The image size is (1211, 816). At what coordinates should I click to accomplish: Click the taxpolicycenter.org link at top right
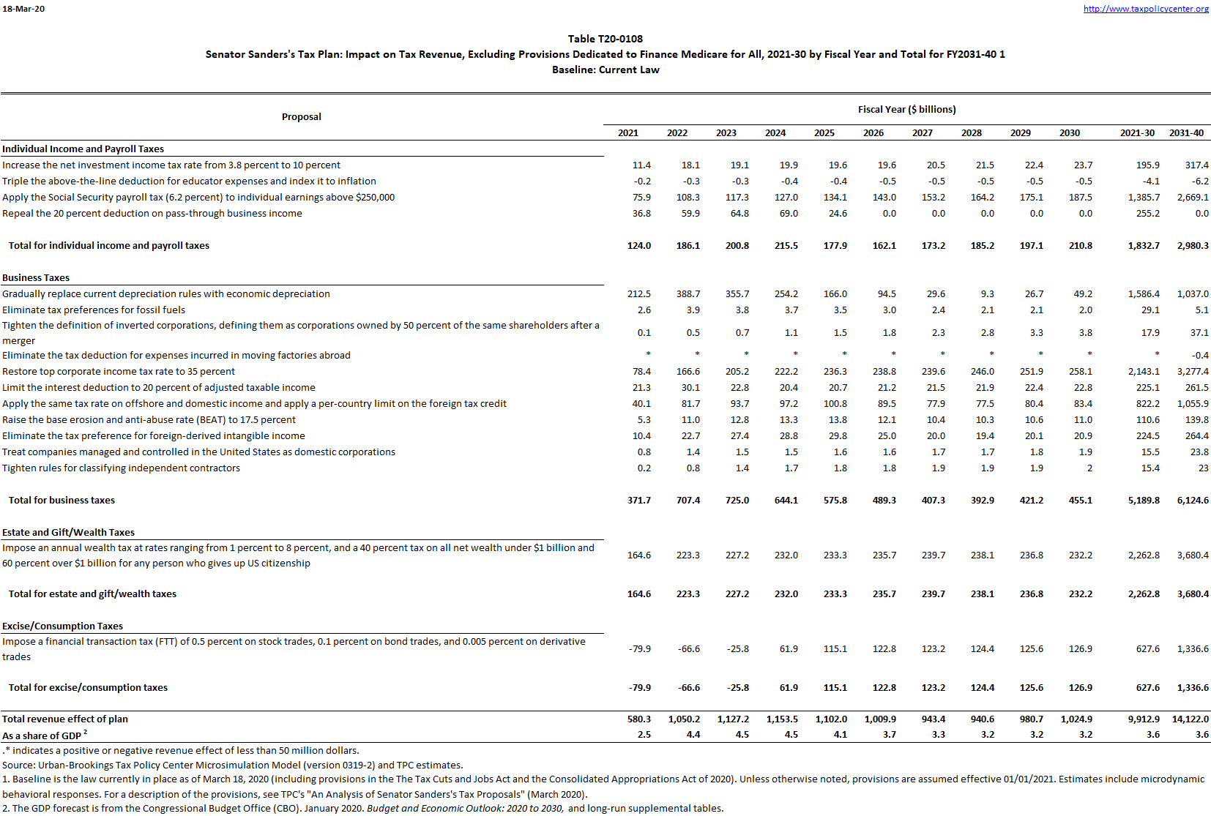[x=1146, y=9]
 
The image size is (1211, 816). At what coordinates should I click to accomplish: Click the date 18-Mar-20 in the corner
[x=23, y=9]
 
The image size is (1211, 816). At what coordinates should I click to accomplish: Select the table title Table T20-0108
[x=605, y=39]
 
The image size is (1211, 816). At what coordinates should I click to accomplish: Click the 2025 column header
[x=824, y=133]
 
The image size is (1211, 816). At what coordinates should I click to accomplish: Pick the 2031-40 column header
[x=1186, y=133]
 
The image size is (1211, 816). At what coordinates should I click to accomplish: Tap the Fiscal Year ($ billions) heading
[x=906, y=110]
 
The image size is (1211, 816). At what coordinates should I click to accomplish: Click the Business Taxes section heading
[x=36, y=278]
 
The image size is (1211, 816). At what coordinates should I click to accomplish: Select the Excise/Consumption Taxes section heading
[x=62, y=626]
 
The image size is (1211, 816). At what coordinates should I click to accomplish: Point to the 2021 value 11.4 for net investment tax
[x=641, y=165]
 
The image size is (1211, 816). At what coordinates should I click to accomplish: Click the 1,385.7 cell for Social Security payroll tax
[x=1144, y=198]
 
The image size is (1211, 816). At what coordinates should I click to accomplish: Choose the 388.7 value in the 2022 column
[x=688, y=294]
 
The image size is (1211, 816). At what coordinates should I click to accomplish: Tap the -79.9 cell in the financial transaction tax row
[x=639, y=649]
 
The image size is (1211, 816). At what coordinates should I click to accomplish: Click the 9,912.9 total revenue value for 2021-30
[x=1144, y=719]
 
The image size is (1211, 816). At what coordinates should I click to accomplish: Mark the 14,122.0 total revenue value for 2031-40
[x=1190, y=719]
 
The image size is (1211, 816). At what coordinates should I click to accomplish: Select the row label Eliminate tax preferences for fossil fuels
[x=94, y=310]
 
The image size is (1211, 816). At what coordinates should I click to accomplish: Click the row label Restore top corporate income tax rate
[x=119, y=372]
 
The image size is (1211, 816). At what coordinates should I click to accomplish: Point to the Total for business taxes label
[x=62, y=501]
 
